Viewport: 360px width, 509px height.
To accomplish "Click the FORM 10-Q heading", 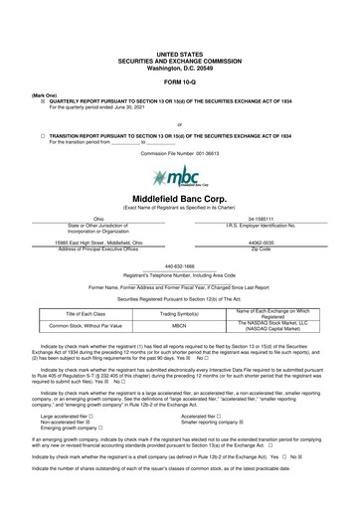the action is pyautogui.click(x=179, y=81).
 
